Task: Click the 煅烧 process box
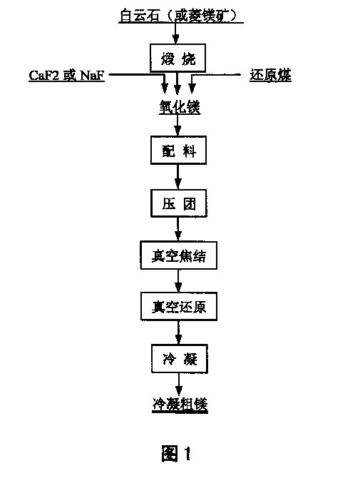(x=178, y=58)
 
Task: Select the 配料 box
(x=178, y=151)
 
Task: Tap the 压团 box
(x=179, y=203)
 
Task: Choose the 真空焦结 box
(x=179, y=255)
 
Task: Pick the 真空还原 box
(x=179, y=306)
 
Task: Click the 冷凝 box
(x=180, y=359)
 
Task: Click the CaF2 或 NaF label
(x=66, y=76)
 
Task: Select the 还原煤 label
(x=270, y=76)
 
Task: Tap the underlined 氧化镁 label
(x=180, y=107)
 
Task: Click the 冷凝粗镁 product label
(x=180, y=405)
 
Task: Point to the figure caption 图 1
(x=176, y=453)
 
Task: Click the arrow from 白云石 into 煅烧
(x=175, y=34)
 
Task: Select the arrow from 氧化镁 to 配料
(x=178, y=125)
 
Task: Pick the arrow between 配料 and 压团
(x=178, y=177)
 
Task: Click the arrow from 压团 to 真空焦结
(x=178, y=229)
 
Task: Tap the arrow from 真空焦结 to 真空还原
(x=178, y=281)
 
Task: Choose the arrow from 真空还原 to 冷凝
(x=179, y=332)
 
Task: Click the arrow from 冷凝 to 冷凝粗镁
(x=179, y=385)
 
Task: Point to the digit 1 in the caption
(x=187, y=453)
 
